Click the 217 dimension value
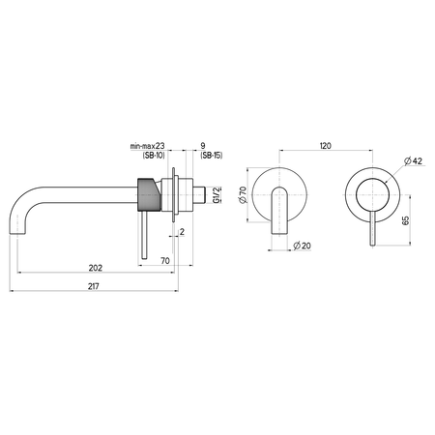pos(94,286)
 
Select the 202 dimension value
pos(96,268)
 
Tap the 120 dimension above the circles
pos(325,146)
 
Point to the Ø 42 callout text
pos(414,160)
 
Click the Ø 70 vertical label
pos(243,194)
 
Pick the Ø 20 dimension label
pos(302,246)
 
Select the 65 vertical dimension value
pos(406,220)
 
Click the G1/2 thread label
pos(217,194)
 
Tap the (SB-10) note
pos(154,156)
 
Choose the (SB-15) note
pos(212,156)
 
